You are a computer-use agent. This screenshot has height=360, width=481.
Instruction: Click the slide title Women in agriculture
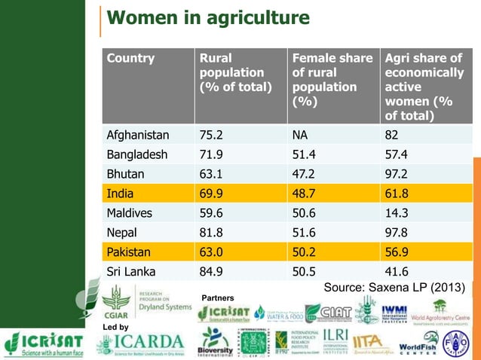(x=207, y=18)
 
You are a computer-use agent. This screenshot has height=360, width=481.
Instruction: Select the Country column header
(x=130, y=58)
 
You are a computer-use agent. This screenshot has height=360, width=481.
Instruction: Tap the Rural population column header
(x=231, y=72)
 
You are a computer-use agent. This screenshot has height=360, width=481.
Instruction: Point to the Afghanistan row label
(x=138, y=136)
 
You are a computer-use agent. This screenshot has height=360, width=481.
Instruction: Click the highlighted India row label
(x=120, y=194)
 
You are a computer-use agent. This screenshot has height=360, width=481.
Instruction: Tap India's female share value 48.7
(x=305, y=194)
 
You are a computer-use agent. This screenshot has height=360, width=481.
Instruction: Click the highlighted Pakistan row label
(x=129, y=252)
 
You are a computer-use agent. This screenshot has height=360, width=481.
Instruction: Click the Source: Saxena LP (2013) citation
(x=394, y=287)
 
